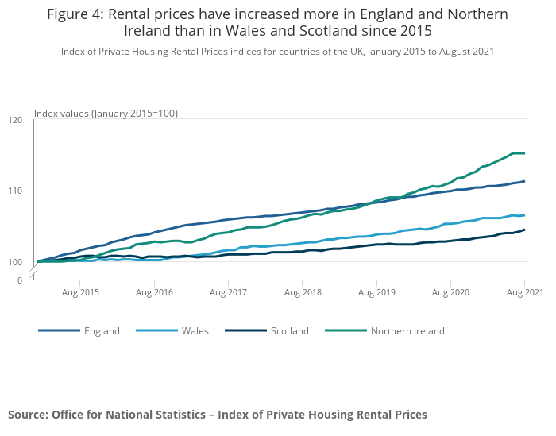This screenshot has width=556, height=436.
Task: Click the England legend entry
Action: [x=102, y=331]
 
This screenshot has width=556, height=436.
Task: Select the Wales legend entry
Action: [x=195, y=331]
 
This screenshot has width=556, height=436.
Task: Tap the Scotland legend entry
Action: [x=289, y=331]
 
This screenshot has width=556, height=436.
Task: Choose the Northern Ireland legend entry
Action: [x=407, y=331]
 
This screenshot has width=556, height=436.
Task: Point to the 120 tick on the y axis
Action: [x=15, y=120]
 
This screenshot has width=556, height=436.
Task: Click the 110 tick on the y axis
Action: [x=15, y=191]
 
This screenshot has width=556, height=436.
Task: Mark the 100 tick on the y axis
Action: [x=15, y=262]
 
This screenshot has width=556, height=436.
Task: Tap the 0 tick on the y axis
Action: [x=19, y=280]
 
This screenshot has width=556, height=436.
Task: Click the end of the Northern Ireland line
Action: [x=524, y=153]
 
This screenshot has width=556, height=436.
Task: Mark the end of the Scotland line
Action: [x=524, y=230]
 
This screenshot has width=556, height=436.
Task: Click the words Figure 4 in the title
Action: [x=77, y=14]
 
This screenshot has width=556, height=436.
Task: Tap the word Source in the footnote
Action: [x=27, y=415]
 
